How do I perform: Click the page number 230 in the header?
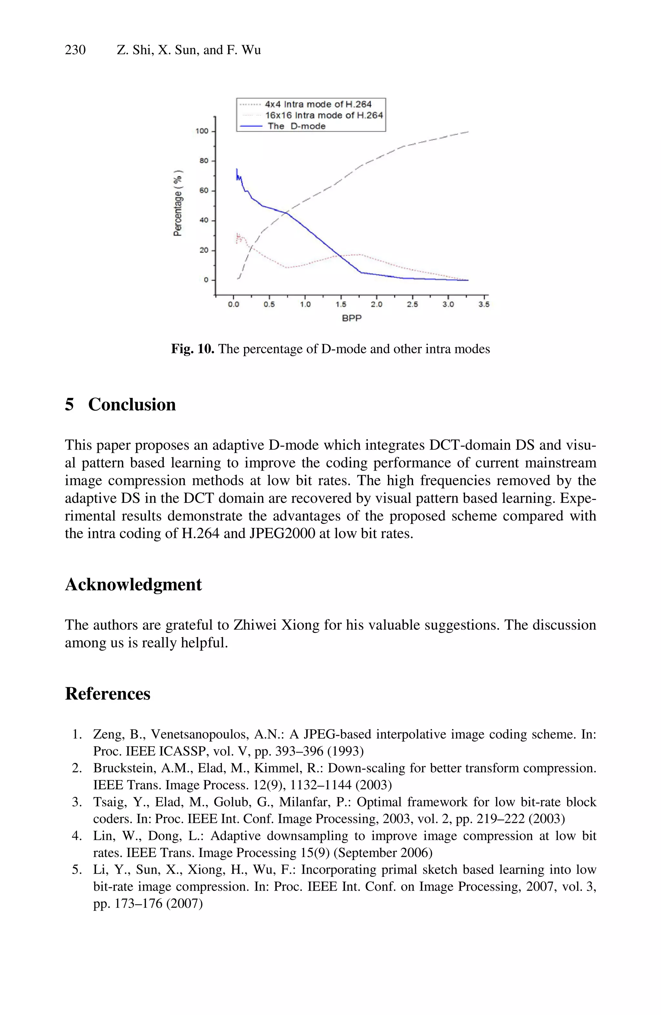click(x=75, y=50)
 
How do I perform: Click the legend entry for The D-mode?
click(x=296, y=126)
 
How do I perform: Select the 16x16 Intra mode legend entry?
click(x=323, y=115)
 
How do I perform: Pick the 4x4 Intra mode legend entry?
click(x=318, y=104)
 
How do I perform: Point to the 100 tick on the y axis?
click(x=202, y=131)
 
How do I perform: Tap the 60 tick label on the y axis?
click(x=204, y=191)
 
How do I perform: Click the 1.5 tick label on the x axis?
click(x=341, y=305)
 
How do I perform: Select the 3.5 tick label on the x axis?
click(x=484, y=305)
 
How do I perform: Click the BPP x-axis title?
click(x=351, y=318)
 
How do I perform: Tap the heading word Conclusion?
click(x=132, y=404)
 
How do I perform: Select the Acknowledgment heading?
click(x=133, y=584)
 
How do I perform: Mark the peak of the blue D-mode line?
click(x=237, y=169)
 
